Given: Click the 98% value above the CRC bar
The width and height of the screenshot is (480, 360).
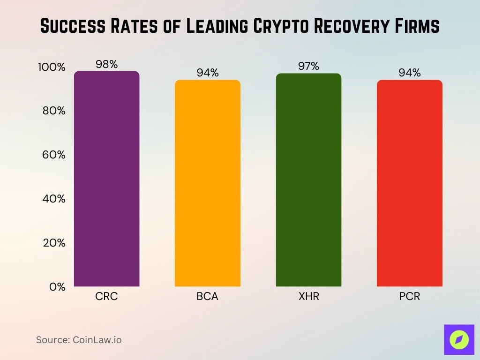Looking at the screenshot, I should (x=107, y=65).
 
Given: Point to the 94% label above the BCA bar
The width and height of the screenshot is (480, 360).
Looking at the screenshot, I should (x=208, y=73).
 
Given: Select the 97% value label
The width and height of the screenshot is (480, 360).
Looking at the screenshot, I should (x=308, y=67).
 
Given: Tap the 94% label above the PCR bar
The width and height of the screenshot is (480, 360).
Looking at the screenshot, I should (x=410, y=73).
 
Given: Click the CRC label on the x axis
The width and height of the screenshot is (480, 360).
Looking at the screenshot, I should (x=107, y=297).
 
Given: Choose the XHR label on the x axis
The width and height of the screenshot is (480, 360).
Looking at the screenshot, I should (x=308, y=297).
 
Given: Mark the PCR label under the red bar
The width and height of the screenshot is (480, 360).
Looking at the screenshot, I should (x=410, y=297).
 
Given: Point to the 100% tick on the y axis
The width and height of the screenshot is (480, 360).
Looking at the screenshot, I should (x=52, y=67).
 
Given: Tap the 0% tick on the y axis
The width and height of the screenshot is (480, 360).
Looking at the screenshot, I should (x=57, y=287).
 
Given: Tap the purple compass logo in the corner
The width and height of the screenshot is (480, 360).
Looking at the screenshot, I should (x=459, y=339).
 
